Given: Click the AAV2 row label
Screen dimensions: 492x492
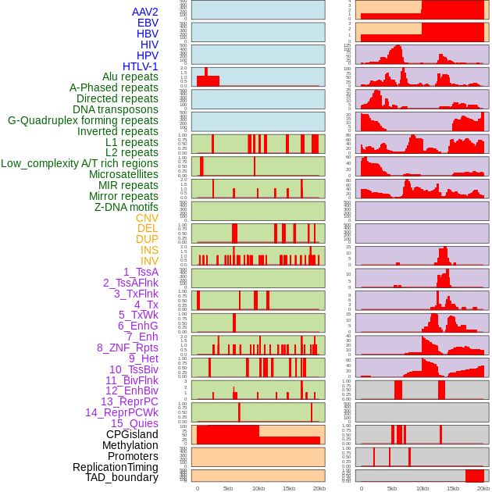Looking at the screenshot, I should [145, 12].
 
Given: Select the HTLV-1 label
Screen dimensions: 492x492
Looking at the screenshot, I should [141, 66].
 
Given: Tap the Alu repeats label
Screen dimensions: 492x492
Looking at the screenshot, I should [130, 77].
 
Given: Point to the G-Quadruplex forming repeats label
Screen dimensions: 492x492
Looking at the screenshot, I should [83, 120].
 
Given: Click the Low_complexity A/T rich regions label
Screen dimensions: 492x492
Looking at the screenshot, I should [80, 163].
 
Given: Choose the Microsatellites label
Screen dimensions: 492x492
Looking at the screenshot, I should [123, 174].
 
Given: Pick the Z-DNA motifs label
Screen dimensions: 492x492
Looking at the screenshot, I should [126, 207].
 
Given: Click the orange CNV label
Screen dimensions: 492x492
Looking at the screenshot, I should [147, 218].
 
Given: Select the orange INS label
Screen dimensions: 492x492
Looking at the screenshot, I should [149, 250].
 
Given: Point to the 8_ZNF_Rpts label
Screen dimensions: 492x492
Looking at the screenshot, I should [127, 348].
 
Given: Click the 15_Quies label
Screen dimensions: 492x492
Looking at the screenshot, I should [134, 423].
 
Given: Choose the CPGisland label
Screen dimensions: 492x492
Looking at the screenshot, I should [132, 434].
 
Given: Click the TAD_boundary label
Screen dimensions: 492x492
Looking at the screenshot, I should [122, 477].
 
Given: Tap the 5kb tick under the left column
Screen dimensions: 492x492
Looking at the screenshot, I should [228, 488].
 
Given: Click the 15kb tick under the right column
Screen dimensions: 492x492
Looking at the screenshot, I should [453, 488].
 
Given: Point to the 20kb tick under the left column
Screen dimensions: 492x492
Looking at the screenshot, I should [319, 488].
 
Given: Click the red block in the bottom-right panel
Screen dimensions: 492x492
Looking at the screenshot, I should [474, 476].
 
